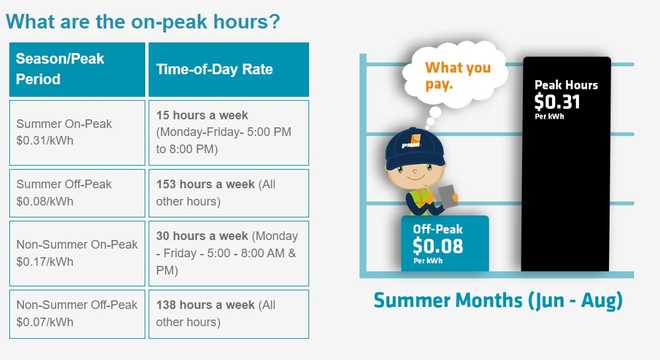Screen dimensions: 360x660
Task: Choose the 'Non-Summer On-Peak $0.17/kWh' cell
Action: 76,253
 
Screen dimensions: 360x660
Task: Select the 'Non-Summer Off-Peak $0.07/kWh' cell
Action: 76,313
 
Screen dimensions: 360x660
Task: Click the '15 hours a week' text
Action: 202,115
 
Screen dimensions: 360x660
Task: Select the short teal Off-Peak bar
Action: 444,244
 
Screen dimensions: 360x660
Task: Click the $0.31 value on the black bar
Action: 557,102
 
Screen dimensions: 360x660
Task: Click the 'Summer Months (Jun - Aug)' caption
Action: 496,301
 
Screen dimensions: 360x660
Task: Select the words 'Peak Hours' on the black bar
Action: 566,85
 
